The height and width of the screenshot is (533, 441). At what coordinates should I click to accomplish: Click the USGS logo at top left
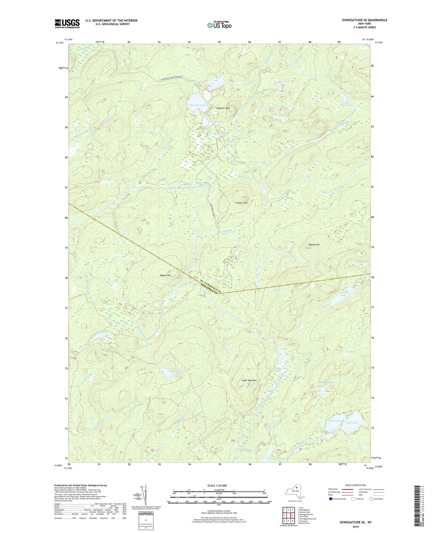pyautogui.click(x=67, y=24)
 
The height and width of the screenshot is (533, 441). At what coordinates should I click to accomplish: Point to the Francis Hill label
pyautogui.click(x=241, y=203)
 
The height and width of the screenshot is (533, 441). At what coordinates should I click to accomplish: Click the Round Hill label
pyautogui.click(x=314, y=245)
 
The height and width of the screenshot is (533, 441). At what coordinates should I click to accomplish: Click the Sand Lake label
pyautogui.click(x=351, y=422)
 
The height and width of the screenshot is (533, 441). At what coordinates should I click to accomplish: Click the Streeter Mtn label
pyautogui.click(x=223, y=108)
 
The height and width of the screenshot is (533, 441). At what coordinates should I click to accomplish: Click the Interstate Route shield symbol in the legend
pyautogui.click(x=331, y=499)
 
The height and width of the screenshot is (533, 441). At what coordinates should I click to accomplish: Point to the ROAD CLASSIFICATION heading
pyautogui.click(x=356, y=485)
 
